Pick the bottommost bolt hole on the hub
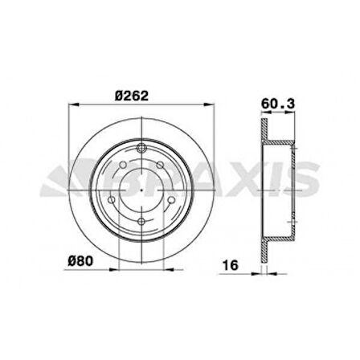click(141, 223)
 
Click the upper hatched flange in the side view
click(263, 129)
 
